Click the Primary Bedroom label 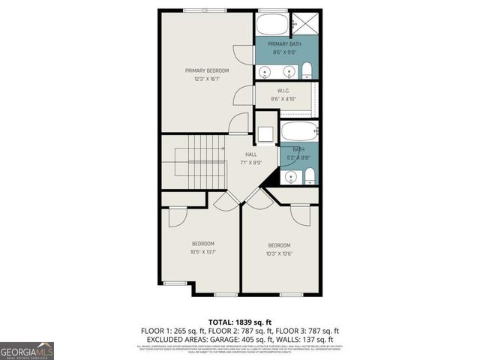click(x=207, y=70)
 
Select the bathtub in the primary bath click(x=271, y=25)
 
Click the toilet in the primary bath click(x=307, y=71)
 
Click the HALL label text click(x=240, y=154)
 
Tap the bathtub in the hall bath click(x=298, y=132)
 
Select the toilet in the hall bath click(x=309, y=177)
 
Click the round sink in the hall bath click(x=291, y=177)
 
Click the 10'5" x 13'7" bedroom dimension click(x=203, y=252)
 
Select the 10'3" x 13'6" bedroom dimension click(x=280, y=253)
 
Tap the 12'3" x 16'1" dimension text click(x=207, y=79)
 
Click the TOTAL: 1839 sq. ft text click(x=240, y=320)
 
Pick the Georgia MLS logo click(x=27, y=351)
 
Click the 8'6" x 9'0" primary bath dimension click(x=286, y=52)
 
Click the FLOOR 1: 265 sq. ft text click(x=170, y=330)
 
